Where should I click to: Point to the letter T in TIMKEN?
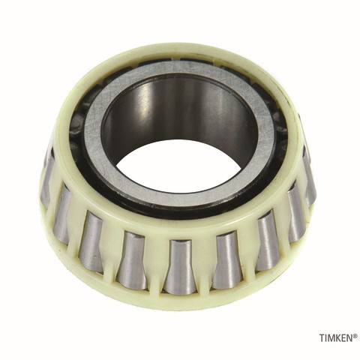[x=321, y=338]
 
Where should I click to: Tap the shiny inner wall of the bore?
[x=180, y=112]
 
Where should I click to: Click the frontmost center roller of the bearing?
[x=180, y=266]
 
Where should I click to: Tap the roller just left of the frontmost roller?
[x=132, y=259]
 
